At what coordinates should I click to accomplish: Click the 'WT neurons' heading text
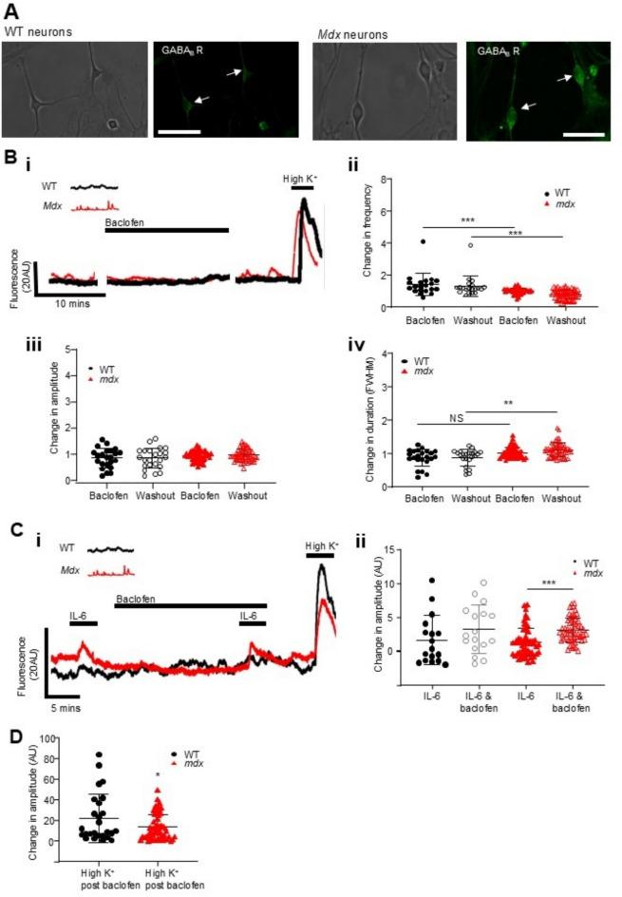(x=32, y=33)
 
